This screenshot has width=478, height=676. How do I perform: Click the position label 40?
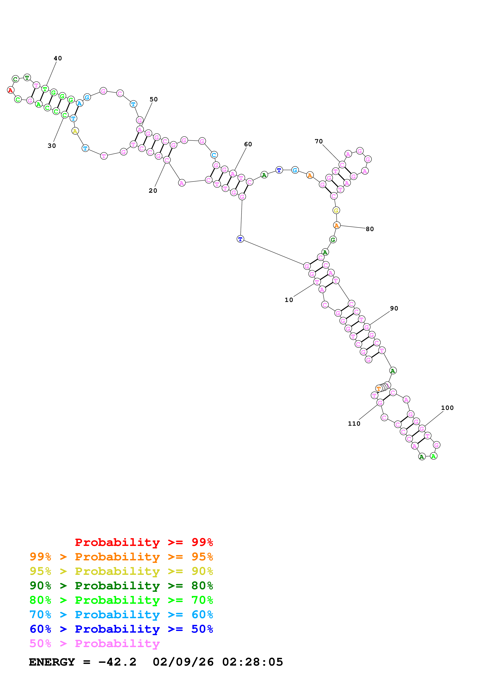58,58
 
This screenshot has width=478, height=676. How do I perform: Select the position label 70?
319,141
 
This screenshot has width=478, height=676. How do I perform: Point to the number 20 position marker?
153,191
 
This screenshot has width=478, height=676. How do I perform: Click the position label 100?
447,408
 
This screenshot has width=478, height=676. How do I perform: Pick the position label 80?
370,229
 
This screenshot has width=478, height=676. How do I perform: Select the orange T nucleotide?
379,389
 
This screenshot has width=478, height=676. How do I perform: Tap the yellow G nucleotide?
336,210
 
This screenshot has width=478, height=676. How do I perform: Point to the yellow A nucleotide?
75,131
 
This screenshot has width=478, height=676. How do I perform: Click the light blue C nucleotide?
214,155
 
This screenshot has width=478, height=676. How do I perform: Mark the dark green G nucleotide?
333,240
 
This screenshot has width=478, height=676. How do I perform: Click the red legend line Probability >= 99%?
144,542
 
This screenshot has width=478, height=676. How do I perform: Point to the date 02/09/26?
183,662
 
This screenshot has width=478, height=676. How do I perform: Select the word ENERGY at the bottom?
52,662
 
